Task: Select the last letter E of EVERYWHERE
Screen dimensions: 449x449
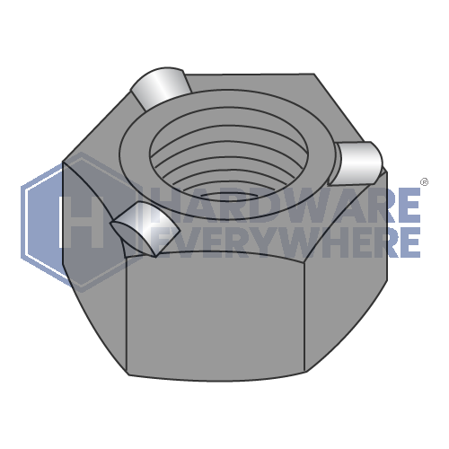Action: point(409,241)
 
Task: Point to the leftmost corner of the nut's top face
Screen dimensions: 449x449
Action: point(66,163)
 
